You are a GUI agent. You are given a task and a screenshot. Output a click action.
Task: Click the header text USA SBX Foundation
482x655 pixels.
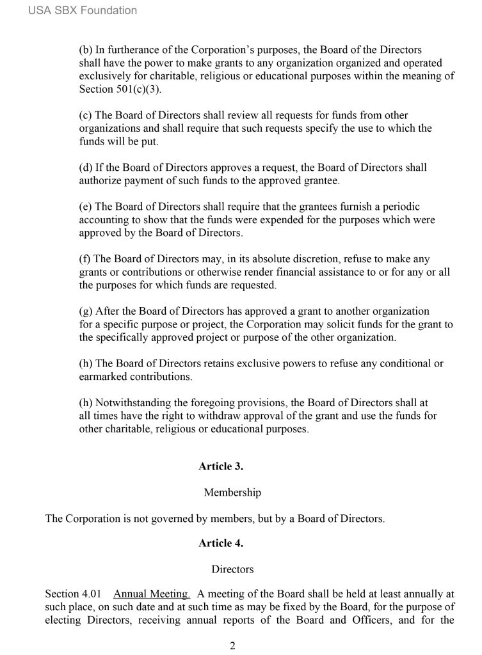point(83,10)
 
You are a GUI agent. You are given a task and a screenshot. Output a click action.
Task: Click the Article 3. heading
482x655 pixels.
point(221,466)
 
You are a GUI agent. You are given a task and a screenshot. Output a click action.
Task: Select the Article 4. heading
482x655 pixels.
point(221,543)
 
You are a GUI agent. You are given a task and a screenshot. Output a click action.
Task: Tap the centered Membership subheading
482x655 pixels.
point(232,493)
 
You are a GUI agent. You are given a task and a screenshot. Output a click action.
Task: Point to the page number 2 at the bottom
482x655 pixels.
point(233,645)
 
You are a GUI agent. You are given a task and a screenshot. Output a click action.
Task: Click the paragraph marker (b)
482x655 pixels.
point(86,49)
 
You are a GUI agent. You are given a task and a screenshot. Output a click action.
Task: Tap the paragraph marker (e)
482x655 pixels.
point(86,206)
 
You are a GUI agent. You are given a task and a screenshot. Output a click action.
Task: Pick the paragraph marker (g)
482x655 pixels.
point(86,311)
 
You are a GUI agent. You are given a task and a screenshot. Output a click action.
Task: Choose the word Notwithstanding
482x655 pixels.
point(128,403)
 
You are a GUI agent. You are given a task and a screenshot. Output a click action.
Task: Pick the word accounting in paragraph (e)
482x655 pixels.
point(104,219)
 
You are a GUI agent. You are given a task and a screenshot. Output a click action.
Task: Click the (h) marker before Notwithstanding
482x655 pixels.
point(86,403)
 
